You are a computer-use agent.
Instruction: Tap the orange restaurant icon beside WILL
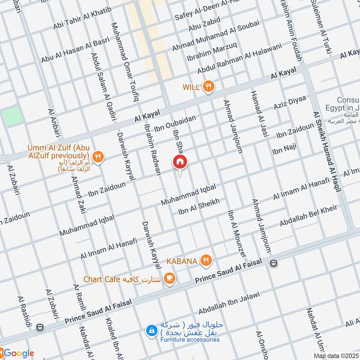click(207, 87)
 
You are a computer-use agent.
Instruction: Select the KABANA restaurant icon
click(206, 260)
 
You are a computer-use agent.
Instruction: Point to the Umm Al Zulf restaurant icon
click(99, 157)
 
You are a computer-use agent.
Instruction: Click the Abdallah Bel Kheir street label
click(308, 216)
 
